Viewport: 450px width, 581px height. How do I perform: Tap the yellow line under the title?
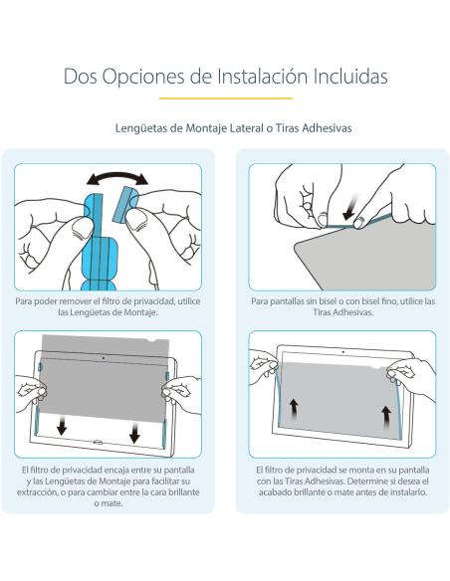[x=225, y=99]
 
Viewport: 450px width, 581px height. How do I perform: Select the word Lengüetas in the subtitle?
[x=147, y=128]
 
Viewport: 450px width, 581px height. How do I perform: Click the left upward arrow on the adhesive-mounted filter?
[x=294, y=407]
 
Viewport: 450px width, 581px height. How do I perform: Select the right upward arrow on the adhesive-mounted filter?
[x=384, y=411]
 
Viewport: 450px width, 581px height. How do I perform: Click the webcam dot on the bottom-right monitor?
[x=342, y=351]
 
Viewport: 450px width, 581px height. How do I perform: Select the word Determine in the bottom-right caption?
[x=376, y=480]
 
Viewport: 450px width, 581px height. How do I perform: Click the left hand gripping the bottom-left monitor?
[x=30, y=390]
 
